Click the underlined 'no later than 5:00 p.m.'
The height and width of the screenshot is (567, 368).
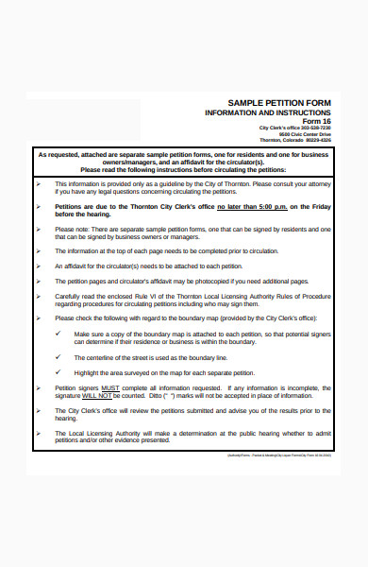[x=250, y=205]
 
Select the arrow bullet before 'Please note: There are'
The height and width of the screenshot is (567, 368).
[x=38, y=228]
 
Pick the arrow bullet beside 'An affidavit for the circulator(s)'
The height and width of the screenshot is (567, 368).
[x=38, y=266]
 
